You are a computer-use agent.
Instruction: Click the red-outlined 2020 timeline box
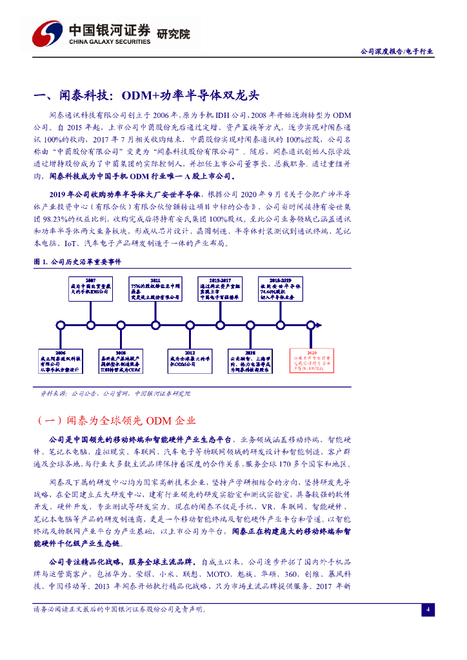[312, 360]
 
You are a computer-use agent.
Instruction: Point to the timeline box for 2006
[61, 360]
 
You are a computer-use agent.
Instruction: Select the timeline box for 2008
[121, 360]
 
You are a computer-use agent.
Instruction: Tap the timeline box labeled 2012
[189, 360]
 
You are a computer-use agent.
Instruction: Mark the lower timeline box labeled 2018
[250, 360]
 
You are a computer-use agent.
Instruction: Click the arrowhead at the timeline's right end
[346, 324]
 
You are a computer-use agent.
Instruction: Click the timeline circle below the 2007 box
[90, 324]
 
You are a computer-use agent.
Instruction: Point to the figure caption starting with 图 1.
[77, 262]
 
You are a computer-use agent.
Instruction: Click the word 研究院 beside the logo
[174, 34]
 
